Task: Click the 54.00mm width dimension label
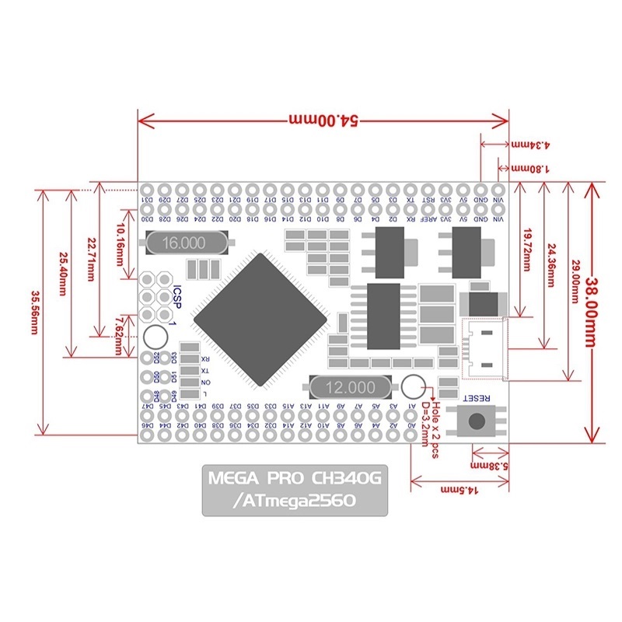tap(322, 121)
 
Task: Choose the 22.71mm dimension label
tap(91, 261)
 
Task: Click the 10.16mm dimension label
tap(121, 241)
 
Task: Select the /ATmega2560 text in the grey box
tap(294, 501)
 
